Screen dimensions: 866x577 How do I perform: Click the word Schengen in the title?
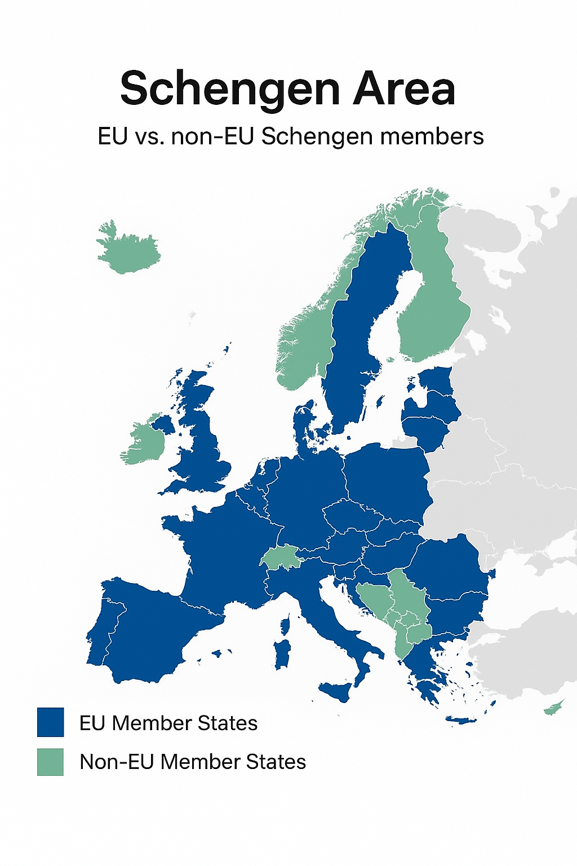tap(230, 89)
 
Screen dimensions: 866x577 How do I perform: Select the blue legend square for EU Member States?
tap(50, 722)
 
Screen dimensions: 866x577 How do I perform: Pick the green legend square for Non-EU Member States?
tap(50, 762)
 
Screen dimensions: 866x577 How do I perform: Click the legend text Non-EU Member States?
tap(193, 762)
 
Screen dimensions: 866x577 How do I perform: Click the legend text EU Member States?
tap(168, 723)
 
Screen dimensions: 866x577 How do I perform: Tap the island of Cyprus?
tap(553, 707)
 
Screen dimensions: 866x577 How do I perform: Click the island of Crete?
tap(461, 720)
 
